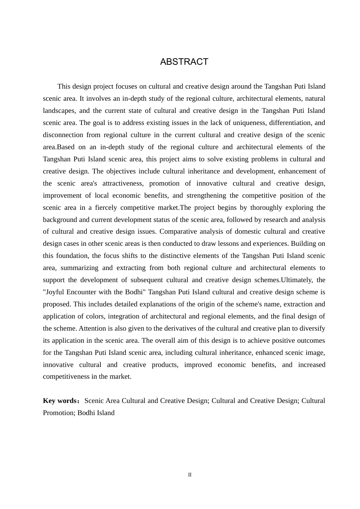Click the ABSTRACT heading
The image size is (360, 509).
[x=184, y=62]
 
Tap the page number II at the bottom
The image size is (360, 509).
[x=190, y=475]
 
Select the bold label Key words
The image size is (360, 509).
[x=60, y=401]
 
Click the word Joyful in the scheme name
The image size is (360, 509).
[x=55, y=292]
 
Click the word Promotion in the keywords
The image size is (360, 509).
[x=57, y=413]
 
